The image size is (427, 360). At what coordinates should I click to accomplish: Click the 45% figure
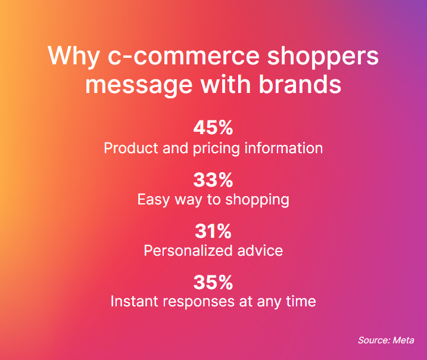(x=213, y=128)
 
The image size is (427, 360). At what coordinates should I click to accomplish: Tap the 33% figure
(x=213, y=179)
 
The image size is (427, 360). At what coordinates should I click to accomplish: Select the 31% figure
(x=213, y=231)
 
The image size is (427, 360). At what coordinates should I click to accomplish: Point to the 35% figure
(x=213, y=282)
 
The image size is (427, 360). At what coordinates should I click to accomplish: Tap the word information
(x=285, y=148)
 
